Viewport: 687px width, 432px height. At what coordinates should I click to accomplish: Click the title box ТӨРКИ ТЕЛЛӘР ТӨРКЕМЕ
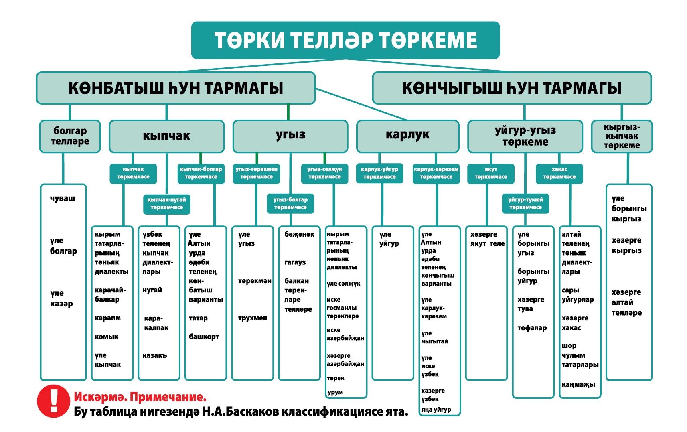click(x=345, y=40)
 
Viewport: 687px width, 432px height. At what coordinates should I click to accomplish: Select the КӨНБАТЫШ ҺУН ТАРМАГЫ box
click(x=176, y=88)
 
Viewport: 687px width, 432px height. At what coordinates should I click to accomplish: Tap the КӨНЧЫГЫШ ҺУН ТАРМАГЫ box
click(x=511, y=88)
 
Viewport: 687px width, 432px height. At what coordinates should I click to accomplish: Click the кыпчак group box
click(x=166, y=136)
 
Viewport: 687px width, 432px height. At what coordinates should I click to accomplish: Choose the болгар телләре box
click(x=70, y=136)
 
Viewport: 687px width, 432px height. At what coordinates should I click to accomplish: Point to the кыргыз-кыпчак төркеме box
click(x=622, y=136)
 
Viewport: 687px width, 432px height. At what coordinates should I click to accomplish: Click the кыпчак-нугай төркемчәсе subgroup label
click(x=166, y=204)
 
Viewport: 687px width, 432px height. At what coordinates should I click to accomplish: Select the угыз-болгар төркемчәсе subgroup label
click(x=290, y=204)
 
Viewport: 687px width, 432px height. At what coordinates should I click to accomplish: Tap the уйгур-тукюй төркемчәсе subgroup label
click(x=525, y=204)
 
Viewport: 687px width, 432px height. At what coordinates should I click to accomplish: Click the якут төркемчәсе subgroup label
click(x=490, y=173)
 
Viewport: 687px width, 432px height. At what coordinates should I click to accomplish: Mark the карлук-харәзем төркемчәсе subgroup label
click(x=436, y=173)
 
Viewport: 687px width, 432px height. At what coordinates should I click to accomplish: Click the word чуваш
click(x=63, y=199)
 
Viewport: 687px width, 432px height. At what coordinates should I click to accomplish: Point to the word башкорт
click(x=204, y=337)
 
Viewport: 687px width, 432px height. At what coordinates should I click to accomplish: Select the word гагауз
click(x=295, y=262)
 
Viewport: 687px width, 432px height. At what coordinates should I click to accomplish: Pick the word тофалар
click(x=532, y=328)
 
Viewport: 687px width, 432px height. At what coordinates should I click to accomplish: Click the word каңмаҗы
click(x=578, y=385)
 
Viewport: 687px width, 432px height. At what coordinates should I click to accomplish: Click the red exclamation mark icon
click(x=53, y=401)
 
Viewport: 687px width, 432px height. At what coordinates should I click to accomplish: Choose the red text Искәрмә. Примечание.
click(x=140, y=398)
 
